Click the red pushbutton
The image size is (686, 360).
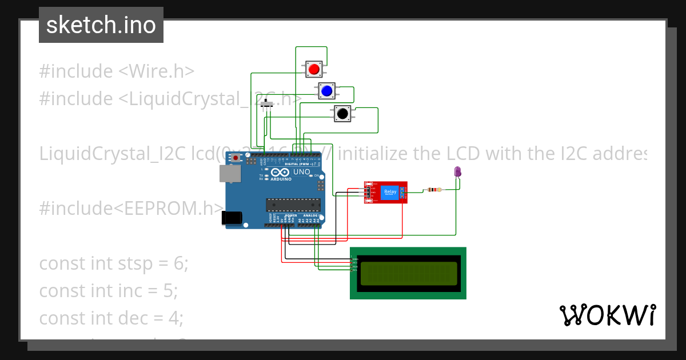click(313, 69)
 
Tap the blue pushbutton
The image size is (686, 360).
click(327, 90)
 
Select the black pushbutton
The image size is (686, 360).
click(342, 113)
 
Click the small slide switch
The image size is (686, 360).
click(267, 105)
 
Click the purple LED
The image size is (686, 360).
click(457, 171)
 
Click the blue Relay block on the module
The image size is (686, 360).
click(390, 193)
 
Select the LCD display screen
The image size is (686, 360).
click(408, 273)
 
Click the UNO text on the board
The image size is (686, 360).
click(301, 172)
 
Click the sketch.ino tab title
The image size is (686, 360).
click(101, 25)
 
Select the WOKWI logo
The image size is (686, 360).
click(607, 315)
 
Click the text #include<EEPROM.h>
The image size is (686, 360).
click(131, 209)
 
